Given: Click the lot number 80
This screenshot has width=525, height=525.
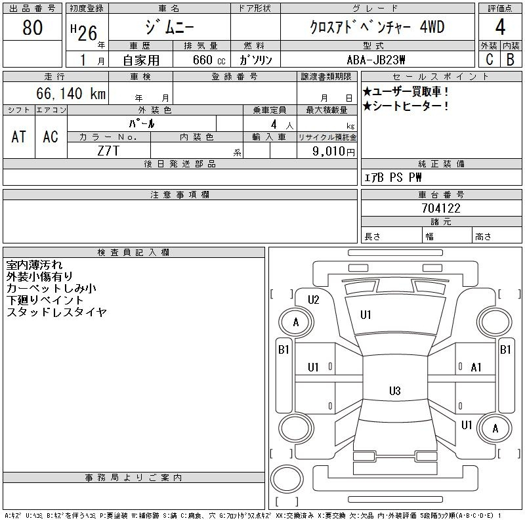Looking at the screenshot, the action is (x=32, y=28).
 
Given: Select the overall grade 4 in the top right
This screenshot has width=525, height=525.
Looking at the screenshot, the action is (x=500, y=27).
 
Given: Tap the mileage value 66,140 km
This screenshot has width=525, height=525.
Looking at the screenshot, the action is (x=71, y=93).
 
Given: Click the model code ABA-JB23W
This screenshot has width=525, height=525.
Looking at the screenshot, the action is (x=376, y=60).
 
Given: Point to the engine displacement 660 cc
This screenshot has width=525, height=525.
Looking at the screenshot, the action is (x=209, y=60).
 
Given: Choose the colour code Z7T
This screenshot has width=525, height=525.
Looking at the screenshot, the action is (x=108, y=151).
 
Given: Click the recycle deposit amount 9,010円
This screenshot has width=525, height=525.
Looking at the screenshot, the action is (x=333, y=151).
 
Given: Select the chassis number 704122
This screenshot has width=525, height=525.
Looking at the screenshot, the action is (x=441, y=208).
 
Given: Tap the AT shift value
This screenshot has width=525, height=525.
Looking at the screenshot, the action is (x=19, y=136).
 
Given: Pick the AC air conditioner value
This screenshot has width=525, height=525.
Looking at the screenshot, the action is (x=51, y=136).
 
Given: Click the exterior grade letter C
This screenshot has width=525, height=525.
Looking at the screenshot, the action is (x=490, y=60).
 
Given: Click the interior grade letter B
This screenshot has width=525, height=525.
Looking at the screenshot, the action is (x=511, y=60).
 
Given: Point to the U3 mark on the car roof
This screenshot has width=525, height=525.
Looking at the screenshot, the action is (x=395, y=390).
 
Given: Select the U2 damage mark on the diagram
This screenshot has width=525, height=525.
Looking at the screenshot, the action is (x=314, y=300).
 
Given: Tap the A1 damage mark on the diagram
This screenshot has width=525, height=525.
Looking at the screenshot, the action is (x=476, y=367).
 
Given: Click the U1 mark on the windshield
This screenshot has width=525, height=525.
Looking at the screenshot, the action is (x=366, y=315).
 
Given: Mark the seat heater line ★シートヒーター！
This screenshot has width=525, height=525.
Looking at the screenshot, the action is (x=406, y=106).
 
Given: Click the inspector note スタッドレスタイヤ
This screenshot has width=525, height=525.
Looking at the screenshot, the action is (x=56, y=312).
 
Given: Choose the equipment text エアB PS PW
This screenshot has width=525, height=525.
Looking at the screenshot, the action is (x=392, y=177).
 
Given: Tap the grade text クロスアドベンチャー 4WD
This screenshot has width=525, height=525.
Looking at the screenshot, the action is (x=377, y=27).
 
